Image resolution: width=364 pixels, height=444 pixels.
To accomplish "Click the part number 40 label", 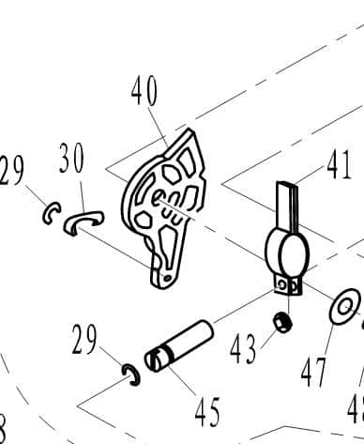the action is tap(144, 92).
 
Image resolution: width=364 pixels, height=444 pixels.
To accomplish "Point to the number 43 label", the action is tap(242, 350).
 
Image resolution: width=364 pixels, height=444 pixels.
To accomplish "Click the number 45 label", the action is tap(206, 411).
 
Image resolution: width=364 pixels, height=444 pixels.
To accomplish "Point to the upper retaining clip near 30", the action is tap(52, 215).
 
